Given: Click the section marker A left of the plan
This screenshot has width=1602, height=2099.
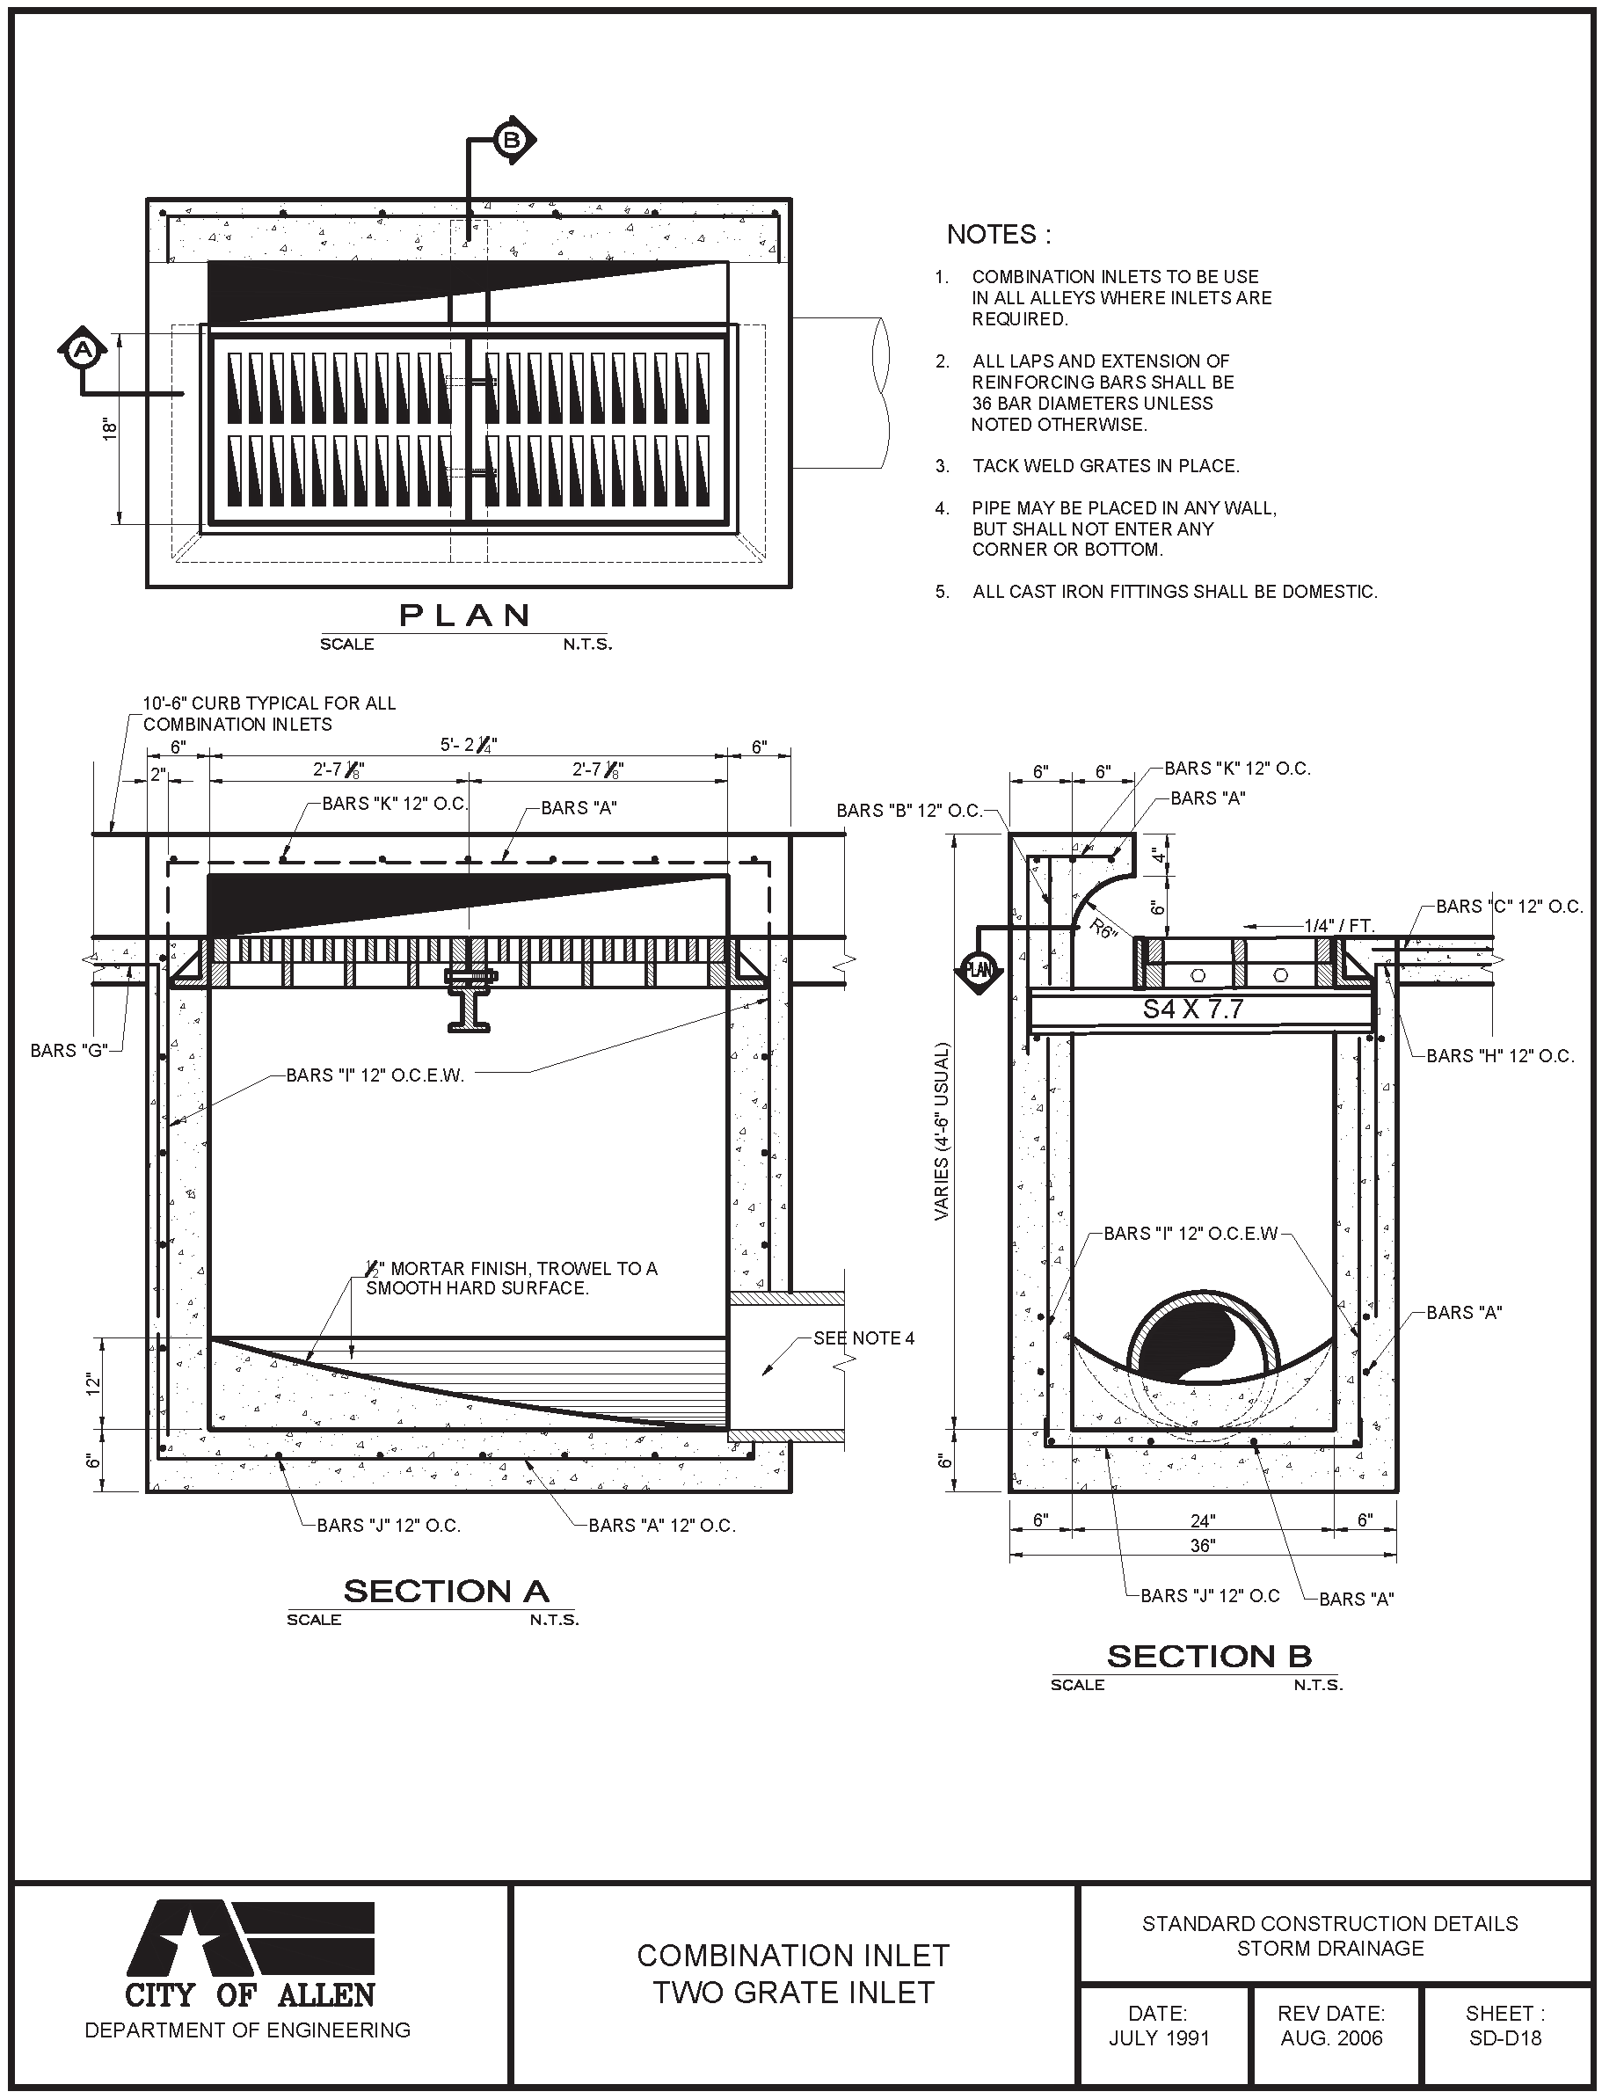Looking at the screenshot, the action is [84, 350].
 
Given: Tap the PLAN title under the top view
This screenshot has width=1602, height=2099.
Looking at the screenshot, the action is [464, 616].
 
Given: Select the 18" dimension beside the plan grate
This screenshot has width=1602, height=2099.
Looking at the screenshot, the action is [110, 428].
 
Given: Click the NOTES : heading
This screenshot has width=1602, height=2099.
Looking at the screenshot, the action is [998, 235].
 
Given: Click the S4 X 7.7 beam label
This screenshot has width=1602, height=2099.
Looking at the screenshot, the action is [1193, 1009].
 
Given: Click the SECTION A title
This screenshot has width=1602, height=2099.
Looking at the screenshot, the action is [447, 1591].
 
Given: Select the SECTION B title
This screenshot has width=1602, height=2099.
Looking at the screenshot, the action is [1209, 1657].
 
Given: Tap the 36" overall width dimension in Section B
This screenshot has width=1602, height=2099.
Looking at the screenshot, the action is [1203, 1545].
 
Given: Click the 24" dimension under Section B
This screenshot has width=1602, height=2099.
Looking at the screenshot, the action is [1203, 1520].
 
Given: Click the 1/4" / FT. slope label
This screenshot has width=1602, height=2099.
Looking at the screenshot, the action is [1340, 925].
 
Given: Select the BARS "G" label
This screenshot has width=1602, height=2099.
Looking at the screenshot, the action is [69, 1050].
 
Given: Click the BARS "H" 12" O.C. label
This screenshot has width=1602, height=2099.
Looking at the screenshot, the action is [1500, 1056].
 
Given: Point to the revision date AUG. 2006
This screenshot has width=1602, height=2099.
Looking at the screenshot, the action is [1331, 2038].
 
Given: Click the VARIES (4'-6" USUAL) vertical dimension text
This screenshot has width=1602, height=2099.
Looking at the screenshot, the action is [943, 1132].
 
